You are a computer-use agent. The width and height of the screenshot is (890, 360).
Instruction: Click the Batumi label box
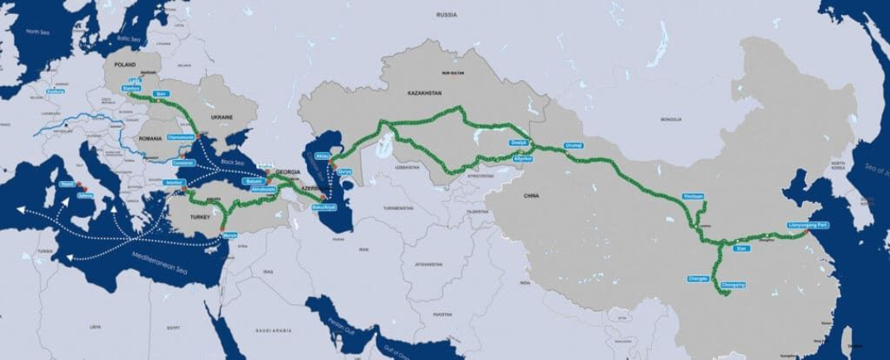tap(254, 180)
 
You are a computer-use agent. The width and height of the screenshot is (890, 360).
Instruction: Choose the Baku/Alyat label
tap(324, 207)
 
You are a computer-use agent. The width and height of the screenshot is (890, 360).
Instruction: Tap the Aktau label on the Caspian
tap(323, 156)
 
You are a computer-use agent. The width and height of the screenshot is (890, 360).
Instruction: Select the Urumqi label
tap(573, 146)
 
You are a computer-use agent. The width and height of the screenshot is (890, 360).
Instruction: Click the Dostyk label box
tap(519, 142)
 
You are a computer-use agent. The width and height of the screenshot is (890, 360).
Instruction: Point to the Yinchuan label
tap(693, 196)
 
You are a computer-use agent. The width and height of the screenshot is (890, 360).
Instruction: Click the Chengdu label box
tap(698, 278)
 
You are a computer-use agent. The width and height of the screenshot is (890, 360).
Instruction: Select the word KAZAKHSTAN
tap(426, 94)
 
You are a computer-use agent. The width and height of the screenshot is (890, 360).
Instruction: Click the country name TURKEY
tap(201, 216)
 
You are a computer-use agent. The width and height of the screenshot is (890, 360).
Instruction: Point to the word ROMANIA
tap(151, 138)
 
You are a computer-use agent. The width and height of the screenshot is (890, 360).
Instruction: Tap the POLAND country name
tap(125, 63)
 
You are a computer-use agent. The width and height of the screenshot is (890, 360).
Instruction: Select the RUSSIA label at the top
tap(447, 15)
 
